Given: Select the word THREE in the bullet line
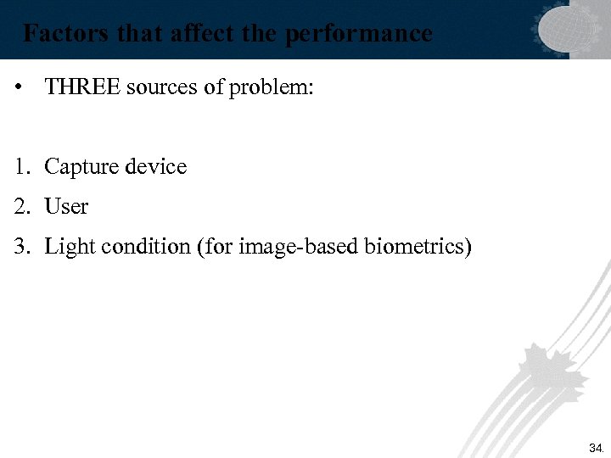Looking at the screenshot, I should [82, 87].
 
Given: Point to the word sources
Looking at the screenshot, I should [163, 87].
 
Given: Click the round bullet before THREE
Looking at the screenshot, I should [19, 87].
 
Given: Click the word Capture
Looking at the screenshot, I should [81, 167].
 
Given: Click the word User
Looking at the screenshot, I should [66, 206].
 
